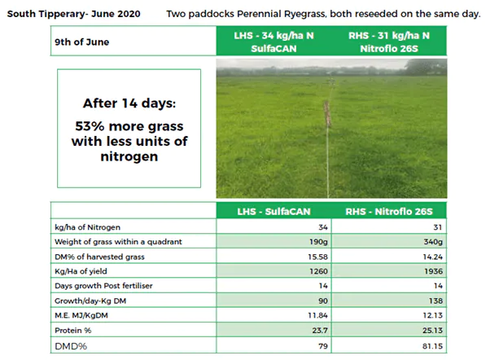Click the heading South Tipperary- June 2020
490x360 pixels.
74,14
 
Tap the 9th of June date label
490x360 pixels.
82,42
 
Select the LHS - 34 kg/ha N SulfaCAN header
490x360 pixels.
273,42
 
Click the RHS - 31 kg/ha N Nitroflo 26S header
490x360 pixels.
389,42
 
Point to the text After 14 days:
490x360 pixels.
129,103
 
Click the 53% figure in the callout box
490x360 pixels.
90,126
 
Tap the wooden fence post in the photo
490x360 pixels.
327,113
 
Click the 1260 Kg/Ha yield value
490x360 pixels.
318,271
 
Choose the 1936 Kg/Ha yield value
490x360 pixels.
434,271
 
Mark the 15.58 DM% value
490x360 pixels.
317,257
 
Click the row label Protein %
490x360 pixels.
72,331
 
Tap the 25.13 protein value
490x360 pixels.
433,331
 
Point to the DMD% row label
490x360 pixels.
71,346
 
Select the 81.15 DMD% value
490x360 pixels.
433,346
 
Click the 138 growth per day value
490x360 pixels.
436,301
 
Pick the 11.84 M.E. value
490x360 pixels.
317,315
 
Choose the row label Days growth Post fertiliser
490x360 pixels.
103,286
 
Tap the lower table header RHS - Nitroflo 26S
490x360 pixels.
389,212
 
